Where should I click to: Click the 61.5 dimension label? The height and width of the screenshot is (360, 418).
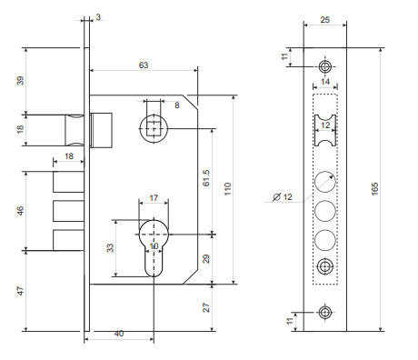(206, 178)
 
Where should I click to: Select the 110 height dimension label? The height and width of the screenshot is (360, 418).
(227, 189)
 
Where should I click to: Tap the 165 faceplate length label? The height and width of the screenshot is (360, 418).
(374, 189)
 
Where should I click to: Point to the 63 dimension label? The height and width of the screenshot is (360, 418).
(144, 65)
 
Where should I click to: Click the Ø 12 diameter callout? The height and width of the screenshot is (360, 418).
(283, 197)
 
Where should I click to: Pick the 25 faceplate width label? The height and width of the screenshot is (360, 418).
(324, 20)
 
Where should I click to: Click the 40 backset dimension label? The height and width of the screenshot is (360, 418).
(119, 334)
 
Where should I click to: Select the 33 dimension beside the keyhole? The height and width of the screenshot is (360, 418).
(111, 247)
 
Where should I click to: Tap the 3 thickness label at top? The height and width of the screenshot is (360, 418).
(98, 17)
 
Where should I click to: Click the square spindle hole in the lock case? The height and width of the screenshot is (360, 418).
(154, 129)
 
